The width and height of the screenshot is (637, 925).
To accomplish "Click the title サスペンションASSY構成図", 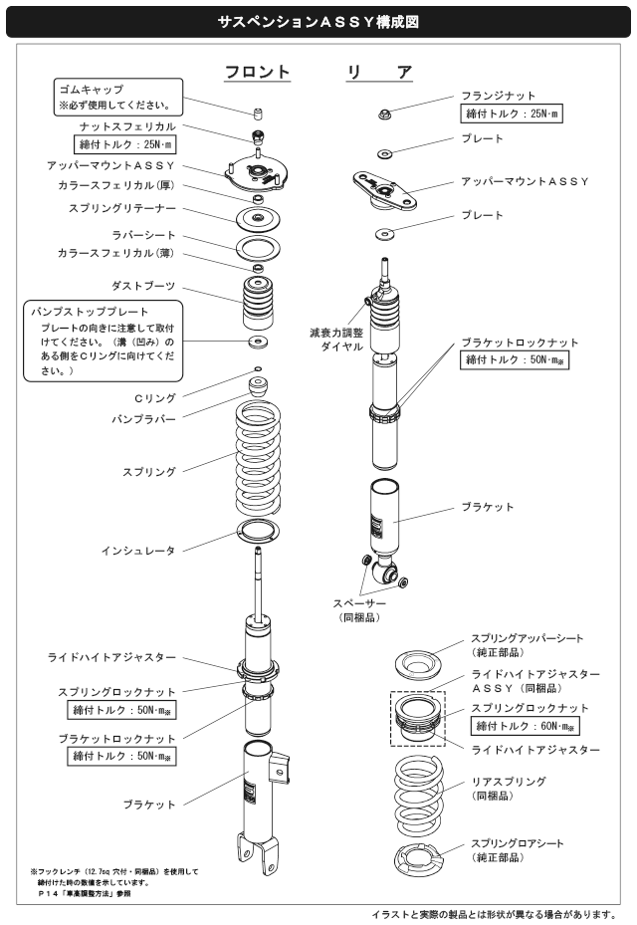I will tap(318, 20).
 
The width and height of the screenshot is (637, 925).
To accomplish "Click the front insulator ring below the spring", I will tap(257, 530).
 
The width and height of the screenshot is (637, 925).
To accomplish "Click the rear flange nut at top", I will tap(386, 113).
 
